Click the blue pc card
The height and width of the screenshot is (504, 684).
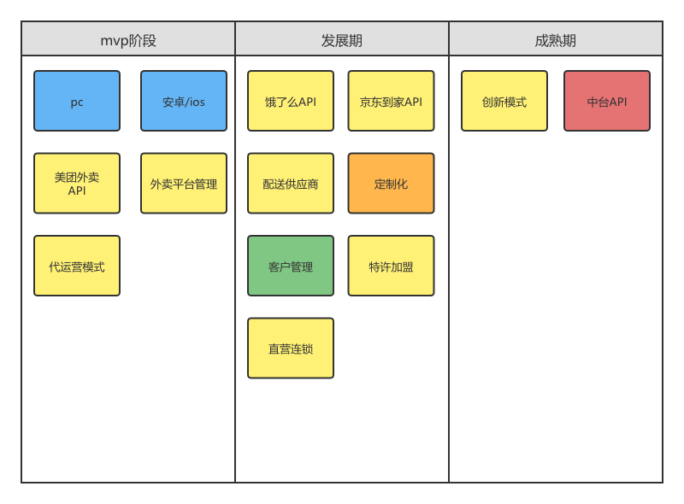point(77,101)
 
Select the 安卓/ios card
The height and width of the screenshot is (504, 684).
point(184,101)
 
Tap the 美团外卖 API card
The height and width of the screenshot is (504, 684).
point(77,183)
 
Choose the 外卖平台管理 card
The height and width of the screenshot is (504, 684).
point(184,183)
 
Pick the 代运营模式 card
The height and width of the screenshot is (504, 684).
point(77,266)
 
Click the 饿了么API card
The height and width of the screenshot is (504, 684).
point(291,101)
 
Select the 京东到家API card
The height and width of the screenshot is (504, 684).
point(391,101)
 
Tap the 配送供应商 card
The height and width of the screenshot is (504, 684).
point(291,183)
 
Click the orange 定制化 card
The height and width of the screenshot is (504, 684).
point(391,183)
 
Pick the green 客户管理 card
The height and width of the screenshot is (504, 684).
point(291,266)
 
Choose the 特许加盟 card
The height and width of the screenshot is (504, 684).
point(391,266)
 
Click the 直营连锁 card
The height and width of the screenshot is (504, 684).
point(291,348)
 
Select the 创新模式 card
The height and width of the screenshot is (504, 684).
point(504,101)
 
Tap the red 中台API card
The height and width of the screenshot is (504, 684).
point(607,101)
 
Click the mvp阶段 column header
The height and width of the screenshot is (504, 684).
point(128,39)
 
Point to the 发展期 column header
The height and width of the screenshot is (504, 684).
point(342,39)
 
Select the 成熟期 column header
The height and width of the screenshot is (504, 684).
point(556,39)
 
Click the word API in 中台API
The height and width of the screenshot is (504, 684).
point(617,102)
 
